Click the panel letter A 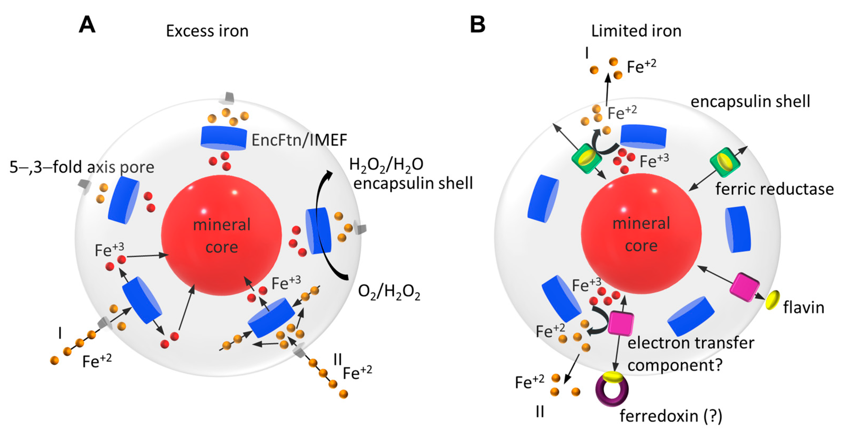pos(87,25)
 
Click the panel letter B pos(477,25)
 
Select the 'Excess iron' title pos(207,31)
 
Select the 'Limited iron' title pos(636,31)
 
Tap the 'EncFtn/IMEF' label pos(299,140)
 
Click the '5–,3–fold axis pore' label pos(82,167)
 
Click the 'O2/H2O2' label pos(389,292)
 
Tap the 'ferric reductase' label pos(774,189)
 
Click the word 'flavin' pos(803,308)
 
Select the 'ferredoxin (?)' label pos(671,416)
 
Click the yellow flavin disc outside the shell pos(772,300)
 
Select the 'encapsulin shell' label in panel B pos(750,102)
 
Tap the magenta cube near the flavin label pos(744,287)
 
